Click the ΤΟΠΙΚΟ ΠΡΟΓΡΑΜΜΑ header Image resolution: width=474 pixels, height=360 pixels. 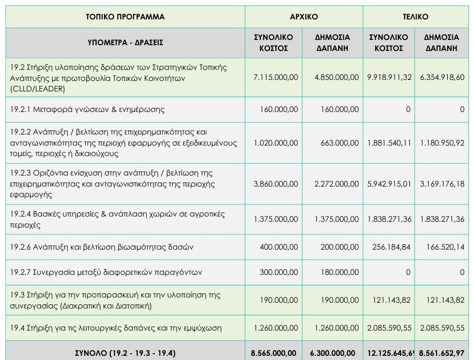pyautogui.click(x=125, y=17)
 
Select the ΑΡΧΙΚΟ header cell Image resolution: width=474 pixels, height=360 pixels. pyautogui.click(x=304, y=17)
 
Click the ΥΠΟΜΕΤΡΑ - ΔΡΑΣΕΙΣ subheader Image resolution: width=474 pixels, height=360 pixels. pyautogui.click(x=125, y=43)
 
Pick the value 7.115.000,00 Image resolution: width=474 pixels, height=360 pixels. pyautogui.click(x=275, y=77)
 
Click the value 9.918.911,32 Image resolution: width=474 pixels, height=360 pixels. pyautogui.click(x=389, y=77)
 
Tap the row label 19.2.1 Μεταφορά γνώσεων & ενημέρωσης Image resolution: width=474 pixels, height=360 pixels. pyautogui.click(x=87, y=109)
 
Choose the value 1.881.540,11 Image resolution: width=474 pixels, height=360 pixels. pyautogui.click(x=389, y=143)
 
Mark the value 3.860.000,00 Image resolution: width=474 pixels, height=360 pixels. pyautogui.click(x=275, y=184)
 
